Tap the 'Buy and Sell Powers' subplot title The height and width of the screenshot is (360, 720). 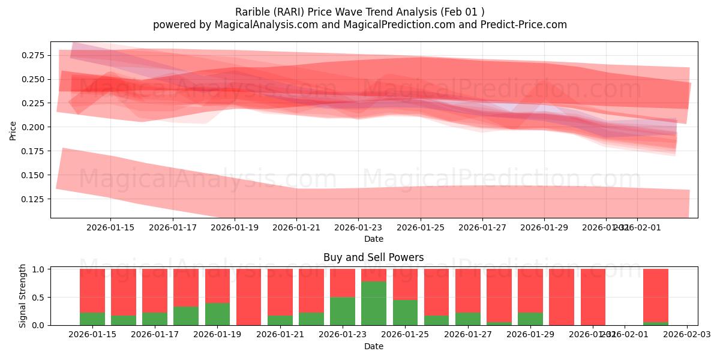pyautogui.click(x=373, y=257)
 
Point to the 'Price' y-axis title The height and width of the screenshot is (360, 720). pyautogui.click(x=13, y=130)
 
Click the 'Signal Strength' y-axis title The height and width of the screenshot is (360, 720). pyautogui.click(x=23, y=296)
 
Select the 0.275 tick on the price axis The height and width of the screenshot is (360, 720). pyautogui.click(x=34, y=55)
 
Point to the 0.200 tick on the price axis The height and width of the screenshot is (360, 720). pyautogui.click(x=34, y=127)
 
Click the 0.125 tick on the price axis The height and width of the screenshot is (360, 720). pyautogui.click(x=34, y=199)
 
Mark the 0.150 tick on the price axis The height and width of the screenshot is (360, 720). pyautogui.click(x=34, y=175)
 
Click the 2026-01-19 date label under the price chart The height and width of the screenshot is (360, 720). pyautogui.click(x=235, y=227)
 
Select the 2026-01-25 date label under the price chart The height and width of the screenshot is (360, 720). pyautogui.click(x=421, y=227)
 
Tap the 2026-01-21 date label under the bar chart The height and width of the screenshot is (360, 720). pyautogui.click(x=280, y=335)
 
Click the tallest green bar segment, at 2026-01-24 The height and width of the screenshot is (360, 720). pyautogui.click(x=374, y=303)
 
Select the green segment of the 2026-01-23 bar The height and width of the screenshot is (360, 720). pyautogui.click(x=343, y=311)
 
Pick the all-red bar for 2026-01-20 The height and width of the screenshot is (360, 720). pyautogui.click(x=248, y=297)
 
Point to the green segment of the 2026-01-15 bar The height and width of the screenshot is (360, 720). pyautogui.click(x=92, y=319)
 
